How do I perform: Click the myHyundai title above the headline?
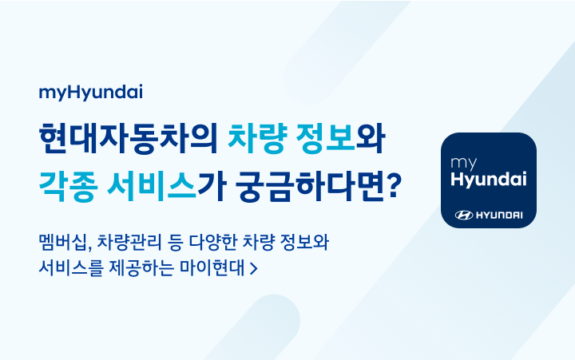(x=90, y=92)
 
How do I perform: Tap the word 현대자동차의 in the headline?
(x=129, y=139)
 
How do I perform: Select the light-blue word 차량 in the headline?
(x=257, y=139)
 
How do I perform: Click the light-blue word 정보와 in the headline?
(x=340, y=139)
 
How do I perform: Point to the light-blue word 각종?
(x=69, y=186)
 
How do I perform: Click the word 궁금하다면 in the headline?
(x=310, y=186)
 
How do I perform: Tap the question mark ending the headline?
(x=394, y=186)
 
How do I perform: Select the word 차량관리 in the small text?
(x=129, y=242)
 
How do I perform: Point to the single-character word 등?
(x=175, y=242)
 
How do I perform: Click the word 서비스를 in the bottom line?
(x=70, y=268)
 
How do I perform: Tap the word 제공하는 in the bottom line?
(x=141, y=268)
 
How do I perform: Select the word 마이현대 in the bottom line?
(x=212, y=268)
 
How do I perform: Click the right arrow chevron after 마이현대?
(x=253, y=269)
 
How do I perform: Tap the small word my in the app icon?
(x=463, y=163)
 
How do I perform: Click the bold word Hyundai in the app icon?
(x=489, y=180)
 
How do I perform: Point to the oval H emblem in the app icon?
(x=464, y=216)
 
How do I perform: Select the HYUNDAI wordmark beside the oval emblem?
(x=499, y=216)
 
